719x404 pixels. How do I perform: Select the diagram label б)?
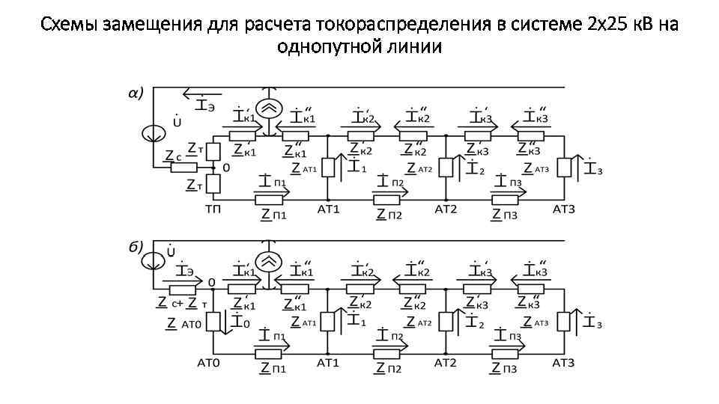coord(135,246)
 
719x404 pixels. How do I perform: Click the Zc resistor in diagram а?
coord(183,168)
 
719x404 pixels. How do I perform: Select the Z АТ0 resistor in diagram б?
coord(213,322)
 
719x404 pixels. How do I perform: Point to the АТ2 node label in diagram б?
coord(446,363)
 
